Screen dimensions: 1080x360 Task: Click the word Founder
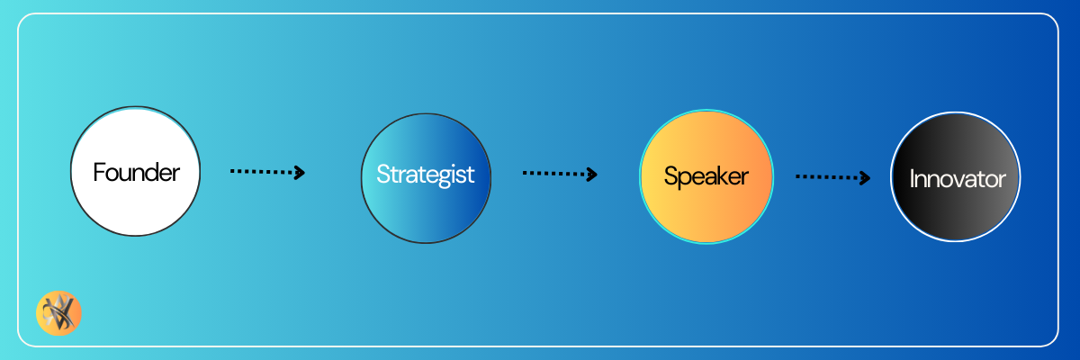tap(136, 173)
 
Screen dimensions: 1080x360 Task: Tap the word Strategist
tap(425, 175)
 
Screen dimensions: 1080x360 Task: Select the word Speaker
tap(706, 176)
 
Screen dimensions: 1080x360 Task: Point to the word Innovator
tap(958, 179)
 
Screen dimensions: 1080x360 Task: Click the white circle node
tap(136, 172)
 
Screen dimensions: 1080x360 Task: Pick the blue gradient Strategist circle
tap(426, 178)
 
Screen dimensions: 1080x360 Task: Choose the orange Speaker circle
tap(706, 177)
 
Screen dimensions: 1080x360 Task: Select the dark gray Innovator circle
tap(955, 177)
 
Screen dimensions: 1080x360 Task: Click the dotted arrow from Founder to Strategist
tap(267, 172)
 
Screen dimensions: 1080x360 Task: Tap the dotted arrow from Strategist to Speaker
tap(560, 174)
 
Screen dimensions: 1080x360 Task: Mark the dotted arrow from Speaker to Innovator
tap(833, 177)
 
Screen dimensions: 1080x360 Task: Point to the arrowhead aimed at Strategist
tap(300, 173)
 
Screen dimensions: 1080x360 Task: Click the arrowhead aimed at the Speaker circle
tap(592, 174)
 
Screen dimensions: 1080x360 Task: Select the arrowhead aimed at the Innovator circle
tap(866, 178)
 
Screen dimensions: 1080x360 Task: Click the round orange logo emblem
tap(58, 313)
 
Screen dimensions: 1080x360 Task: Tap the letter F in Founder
tap(99, 173)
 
